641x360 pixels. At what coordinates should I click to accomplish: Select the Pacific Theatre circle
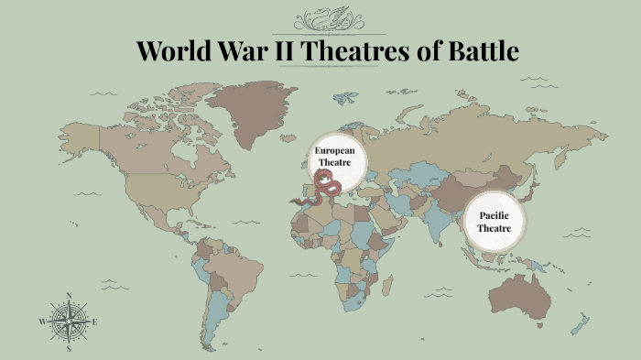pyautogui.click(x=494, y=221)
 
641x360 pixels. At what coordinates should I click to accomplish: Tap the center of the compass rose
pyautogui.click(x=69, y=322)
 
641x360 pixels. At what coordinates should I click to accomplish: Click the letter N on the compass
pyautogui.click(x=69, y=295)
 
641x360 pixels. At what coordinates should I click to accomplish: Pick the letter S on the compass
pyautogui.click(x=69, y=348)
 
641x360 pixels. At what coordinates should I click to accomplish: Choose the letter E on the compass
pyautogui.click(x=95, y=322)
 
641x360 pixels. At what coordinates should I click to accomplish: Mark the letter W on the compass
pyautogui.click(x=42, y=322)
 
